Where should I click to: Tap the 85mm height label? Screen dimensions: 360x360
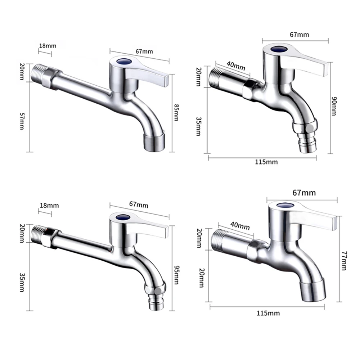[x=176, y=112]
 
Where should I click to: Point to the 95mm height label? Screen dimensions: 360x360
[x=176, y=274]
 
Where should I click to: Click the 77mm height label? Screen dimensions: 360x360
[x=343, y=261]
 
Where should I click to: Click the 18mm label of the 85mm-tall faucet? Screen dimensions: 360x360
[x=48, y=46]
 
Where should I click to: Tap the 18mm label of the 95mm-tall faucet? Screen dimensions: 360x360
[x=49, y=206]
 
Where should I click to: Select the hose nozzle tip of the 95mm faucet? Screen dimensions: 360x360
[x=156, y=304]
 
